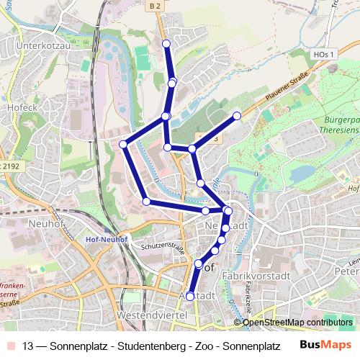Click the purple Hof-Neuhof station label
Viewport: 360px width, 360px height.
pos(107,239)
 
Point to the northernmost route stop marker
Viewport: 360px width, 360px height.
pos(167,45)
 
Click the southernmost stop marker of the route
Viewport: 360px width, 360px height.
pos(190,296)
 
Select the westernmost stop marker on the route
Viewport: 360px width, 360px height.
pos(123,145)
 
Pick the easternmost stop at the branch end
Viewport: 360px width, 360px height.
pos(237,115)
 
